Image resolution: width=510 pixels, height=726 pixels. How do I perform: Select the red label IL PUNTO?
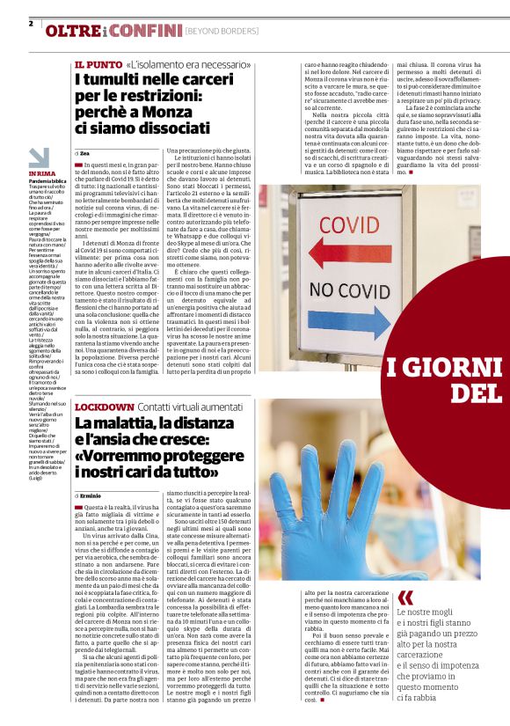(x=97, y=65)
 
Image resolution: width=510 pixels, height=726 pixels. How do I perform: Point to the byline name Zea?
(x=86, y=153)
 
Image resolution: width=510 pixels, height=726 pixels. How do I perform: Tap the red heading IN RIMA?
(x=41, y=173)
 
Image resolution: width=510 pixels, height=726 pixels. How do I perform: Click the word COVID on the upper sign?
(x=350, y=224)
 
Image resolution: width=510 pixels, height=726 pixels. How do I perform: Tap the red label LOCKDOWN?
(x=103, y=408)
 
